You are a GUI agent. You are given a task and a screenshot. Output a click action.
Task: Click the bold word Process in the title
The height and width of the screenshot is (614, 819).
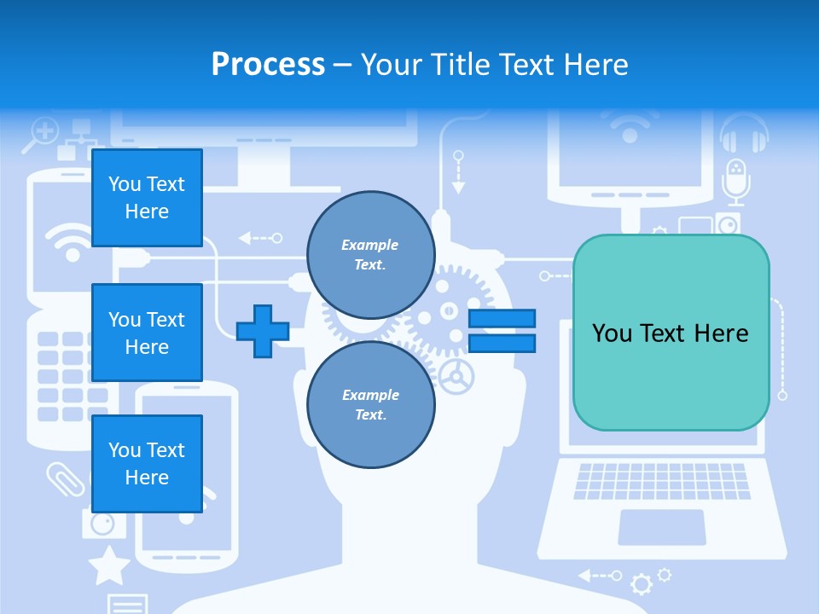click(268, 65)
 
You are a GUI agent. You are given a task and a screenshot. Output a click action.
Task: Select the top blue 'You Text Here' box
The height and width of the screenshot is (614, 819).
click(147, 198)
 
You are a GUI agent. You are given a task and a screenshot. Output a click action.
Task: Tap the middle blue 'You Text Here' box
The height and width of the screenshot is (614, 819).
click(147, 333)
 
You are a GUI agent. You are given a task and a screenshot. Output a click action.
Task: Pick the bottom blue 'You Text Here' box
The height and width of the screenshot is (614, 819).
click(147, 464)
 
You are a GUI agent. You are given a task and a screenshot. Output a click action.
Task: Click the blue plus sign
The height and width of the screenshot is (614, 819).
click(263, 331)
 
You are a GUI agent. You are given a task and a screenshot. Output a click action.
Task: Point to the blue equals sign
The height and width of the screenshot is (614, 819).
click(502, 331)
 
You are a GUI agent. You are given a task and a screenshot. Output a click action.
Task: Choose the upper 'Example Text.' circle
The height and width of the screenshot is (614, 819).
click(371, 255)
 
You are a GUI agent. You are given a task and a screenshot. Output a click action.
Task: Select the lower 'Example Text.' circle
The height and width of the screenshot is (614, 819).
click(371, 405)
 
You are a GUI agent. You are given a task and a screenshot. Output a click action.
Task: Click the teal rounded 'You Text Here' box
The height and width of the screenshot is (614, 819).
click(671, 333)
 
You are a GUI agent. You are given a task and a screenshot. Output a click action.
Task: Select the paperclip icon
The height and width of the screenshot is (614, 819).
click(66, 478)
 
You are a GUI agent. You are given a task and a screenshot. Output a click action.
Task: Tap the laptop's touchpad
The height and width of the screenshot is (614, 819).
click(662, 526)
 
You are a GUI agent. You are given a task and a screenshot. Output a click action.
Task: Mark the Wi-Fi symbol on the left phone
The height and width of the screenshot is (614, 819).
click(72, 242)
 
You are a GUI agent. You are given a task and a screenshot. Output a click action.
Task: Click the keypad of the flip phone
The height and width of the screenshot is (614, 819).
click(72, 375)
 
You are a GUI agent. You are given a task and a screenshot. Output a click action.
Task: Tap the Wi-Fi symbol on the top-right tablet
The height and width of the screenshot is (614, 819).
click(630, 127)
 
